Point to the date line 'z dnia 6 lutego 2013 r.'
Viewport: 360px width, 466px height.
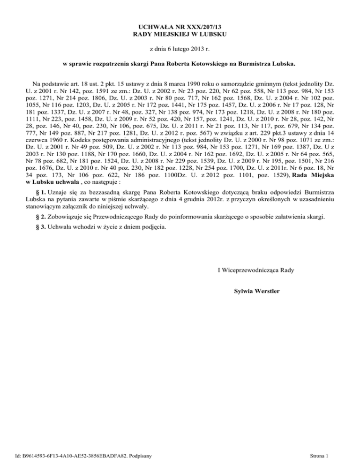[180, 49]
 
